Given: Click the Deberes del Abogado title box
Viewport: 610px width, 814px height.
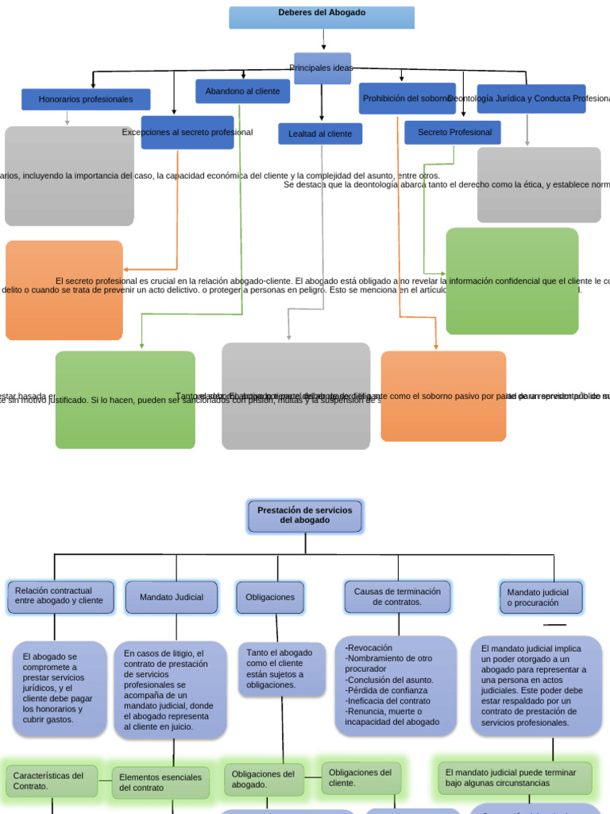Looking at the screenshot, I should pyautogui.click(x=322, y=17).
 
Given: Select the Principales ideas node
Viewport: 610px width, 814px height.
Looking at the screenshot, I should pyautogui.click(x=322, y=68).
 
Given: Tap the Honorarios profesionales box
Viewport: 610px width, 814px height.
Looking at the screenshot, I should pyautogui.click(x=86, y=99).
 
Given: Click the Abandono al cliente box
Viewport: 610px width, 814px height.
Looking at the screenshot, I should pyautogui.click(x=242, y=91).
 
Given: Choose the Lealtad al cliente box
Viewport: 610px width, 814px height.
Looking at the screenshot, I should pyautogui.click(x=320, y=134).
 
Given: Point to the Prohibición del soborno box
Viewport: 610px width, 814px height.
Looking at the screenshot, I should pyautogui.click(x=407, y=99).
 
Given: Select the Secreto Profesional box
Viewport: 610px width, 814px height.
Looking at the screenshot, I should pyautogui.click(x=453, y=132).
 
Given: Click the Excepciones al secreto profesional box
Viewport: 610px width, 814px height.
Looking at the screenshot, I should pyautogui.click(x=187, y=133).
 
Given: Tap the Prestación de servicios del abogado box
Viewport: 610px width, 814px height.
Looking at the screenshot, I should pyautogui.click(x=305, y=515).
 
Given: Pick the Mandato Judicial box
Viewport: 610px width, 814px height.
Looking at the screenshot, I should pyautogui.click(x=172, y=597).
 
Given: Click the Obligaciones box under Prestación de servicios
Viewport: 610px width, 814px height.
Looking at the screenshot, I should pyautogui.click(x=270, y=597).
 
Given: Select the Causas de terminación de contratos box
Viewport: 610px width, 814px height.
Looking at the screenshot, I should pyautogui.click(x=398, y=597).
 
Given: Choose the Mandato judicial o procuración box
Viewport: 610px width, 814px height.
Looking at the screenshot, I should pyautogui.click(x=541, y=598).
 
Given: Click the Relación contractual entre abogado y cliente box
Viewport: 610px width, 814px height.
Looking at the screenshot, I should pyautogui.click(x=60, y=596).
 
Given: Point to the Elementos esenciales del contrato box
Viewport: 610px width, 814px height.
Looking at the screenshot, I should pyautogui.click(x=160, y=782).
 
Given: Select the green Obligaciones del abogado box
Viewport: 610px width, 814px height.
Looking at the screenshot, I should pyautogui.click(x=264, y=779).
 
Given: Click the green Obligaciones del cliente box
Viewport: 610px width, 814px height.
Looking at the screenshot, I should pyautogui.click(x=361, y=777).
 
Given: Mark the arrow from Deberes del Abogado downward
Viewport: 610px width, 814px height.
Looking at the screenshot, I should pyautogui.click(x=324, y=40).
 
